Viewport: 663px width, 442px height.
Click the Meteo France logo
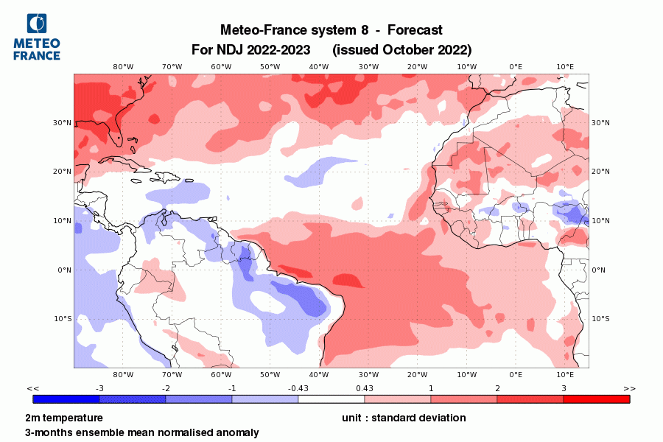click(x=37, y=37)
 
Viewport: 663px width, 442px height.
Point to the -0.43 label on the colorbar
click(x=298, y=388)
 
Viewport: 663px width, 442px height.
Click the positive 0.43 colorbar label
click(x=365, y=388)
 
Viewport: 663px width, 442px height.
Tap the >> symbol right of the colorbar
click(x=629, y=388)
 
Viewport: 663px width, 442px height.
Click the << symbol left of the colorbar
click(x=32, y=388)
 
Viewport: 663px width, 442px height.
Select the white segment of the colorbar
click(x=331, y=399)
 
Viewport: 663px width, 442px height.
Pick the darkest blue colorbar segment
click(x=66, y=399)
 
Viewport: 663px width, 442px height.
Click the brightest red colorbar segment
click(x=597, y=399)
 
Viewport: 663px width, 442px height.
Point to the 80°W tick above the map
click(x=123, y=66)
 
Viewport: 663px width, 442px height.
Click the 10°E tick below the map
click(x=565, y=374)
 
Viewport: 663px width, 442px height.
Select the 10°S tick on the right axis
click(x=601, y=319)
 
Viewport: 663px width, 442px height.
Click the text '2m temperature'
click(x=64, y=418)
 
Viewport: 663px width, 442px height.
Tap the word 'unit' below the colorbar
click(x=353, y=418)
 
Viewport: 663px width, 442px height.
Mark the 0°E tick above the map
click(x=516, y=66)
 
